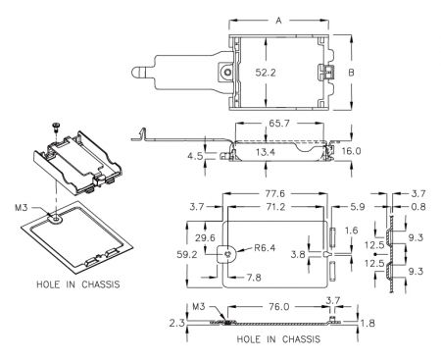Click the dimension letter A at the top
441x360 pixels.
pos(278,21)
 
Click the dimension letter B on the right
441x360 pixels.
pos(351,73)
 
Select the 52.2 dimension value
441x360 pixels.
pos(266,73)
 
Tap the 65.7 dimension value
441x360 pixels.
pos(279,124)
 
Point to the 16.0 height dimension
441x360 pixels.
pos(351,151)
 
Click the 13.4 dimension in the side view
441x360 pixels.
pos(266,152)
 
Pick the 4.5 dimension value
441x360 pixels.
pos(195,156)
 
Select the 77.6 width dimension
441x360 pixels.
pos(274,193)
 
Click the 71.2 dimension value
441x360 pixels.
pos(275,207)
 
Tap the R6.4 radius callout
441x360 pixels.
pos(265,248)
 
